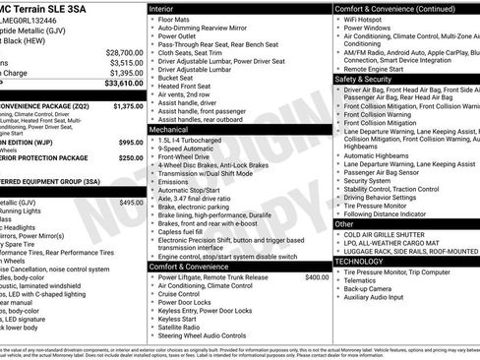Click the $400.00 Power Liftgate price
pyautogui.click(x=317, y=277)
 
